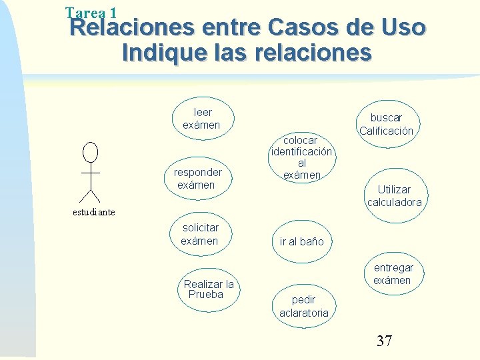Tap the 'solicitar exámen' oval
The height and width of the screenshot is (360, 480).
[200, 234]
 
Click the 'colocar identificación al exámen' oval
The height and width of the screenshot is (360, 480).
[301, 157]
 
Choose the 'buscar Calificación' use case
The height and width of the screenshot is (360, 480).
[387, 124]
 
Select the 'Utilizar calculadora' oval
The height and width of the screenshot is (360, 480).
[394, 196]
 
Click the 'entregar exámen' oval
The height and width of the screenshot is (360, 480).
[393, 273]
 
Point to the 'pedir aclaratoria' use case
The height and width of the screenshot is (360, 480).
[303, 306]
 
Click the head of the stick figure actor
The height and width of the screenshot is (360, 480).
[89, 151]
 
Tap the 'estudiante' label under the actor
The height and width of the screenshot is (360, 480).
[93, 213]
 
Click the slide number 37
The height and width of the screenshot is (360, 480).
[384, 341]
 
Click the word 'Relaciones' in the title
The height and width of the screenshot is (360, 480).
[132, 28]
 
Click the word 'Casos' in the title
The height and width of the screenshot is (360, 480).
[309, 28]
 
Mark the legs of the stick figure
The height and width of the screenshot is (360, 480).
[89, 194]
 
